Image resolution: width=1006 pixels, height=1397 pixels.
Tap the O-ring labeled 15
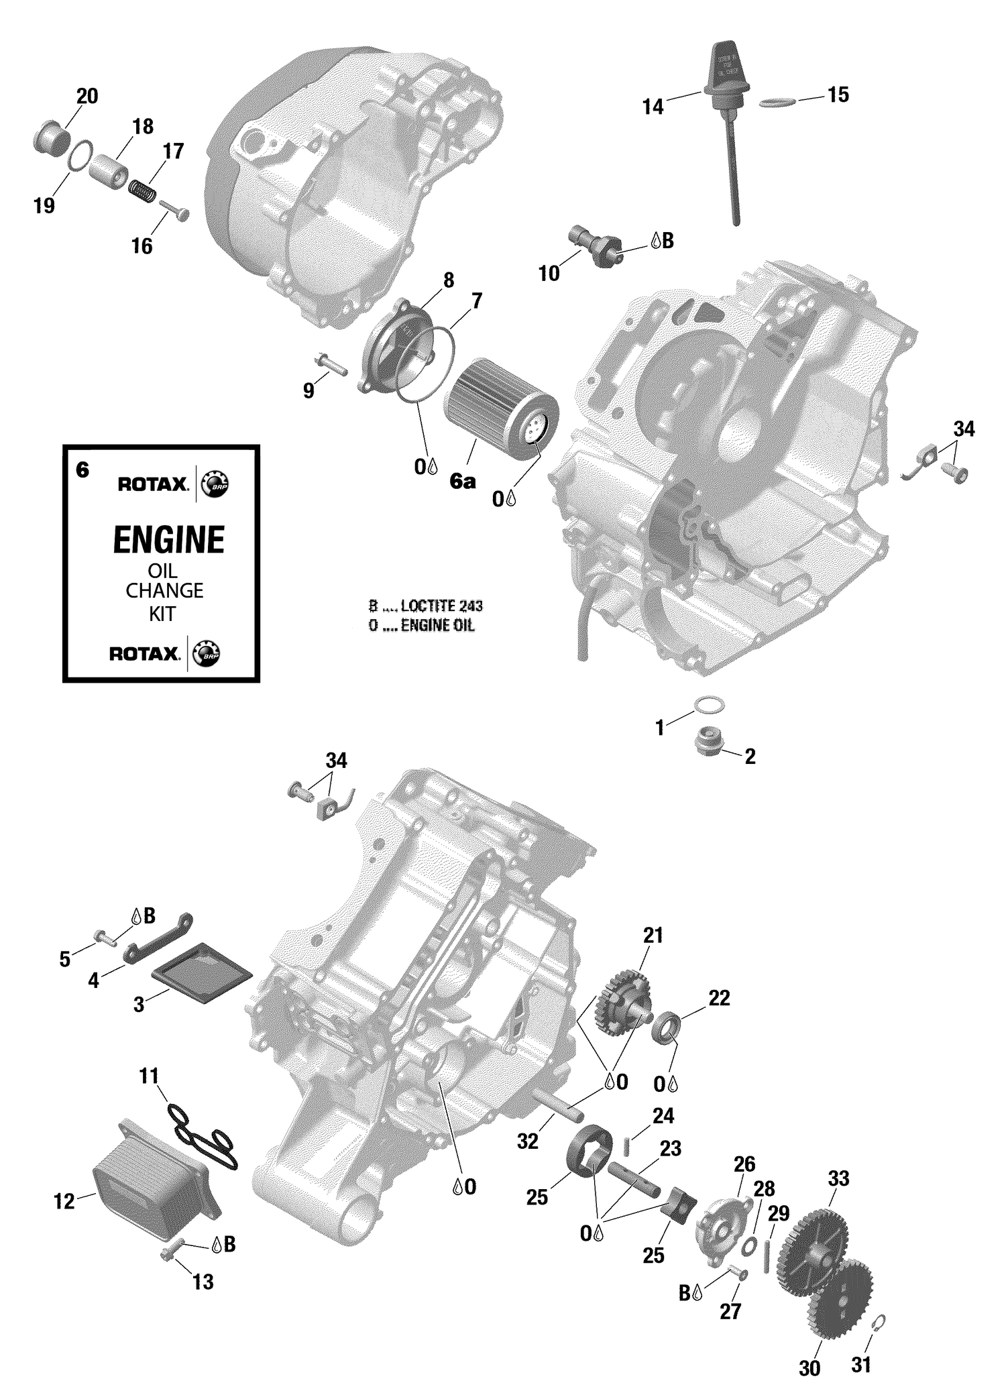click(x=777, y=102)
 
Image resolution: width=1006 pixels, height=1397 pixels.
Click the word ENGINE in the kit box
click(x=168, y=541)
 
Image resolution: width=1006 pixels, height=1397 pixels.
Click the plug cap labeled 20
click(x=51, y=137)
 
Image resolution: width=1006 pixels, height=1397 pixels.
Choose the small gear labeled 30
click(x=841, y=1295)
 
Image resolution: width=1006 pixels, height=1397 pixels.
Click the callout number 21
click(x=652, y=935)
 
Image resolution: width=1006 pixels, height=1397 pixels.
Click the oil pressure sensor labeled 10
click(x=594, y=245)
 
